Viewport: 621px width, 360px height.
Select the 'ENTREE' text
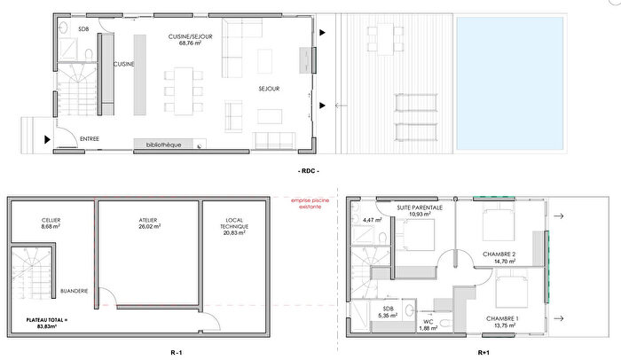[x=90, y=138]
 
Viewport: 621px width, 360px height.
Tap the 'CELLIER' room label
[x=51, y=220]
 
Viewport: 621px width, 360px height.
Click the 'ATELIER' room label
[x=147, y=220]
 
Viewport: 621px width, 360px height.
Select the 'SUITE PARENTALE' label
[x=420, y=207]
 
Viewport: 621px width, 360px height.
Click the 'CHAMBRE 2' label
[x=500, y=254]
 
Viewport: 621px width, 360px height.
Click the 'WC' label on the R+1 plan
[x=427, y=321]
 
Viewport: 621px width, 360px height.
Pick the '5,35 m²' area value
[x=386, y=315]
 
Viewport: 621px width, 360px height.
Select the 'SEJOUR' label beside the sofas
[x=271, y=89]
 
